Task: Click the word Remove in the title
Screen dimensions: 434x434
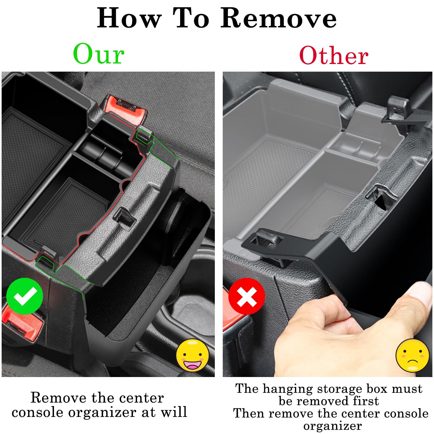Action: (x=278, y=18)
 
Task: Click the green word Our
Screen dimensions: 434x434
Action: (x=99, y=54)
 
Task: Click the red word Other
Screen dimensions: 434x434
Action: (x=334, y=56)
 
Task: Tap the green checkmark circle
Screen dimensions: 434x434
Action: (x=25, y=296)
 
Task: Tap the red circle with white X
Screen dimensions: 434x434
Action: (x=247, y=296)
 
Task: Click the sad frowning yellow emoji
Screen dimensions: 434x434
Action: (x=412, y=355)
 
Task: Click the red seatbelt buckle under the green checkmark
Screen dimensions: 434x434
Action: (x=22, y=323)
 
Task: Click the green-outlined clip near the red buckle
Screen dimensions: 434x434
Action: (x=144, y=134)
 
